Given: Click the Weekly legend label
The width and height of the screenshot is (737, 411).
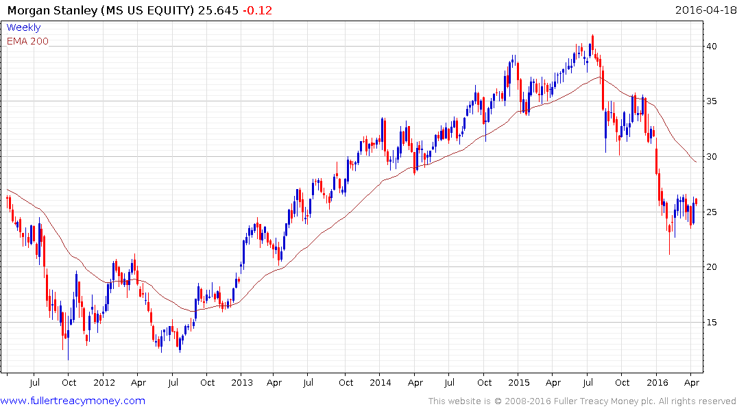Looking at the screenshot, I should (23, 27).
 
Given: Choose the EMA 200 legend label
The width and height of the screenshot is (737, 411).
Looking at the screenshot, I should (27, 41).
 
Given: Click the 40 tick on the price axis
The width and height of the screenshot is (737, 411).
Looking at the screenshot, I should (713, 47).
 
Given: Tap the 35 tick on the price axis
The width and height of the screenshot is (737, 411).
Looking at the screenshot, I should (713, 101).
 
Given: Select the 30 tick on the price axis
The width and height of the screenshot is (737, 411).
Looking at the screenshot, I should (713, 157).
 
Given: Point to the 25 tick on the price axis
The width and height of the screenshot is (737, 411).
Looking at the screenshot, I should (713, 212).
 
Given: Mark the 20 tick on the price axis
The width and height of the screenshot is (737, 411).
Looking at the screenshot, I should (713, 267).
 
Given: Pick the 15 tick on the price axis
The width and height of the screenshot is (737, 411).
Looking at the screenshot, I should (713, 323).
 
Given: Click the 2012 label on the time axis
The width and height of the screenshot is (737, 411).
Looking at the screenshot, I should (104, 383).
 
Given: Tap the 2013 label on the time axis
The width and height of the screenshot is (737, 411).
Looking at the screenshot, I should (242, 383).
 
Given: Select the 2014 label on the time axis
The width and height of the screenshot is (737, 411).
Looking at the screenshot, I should (381, 383).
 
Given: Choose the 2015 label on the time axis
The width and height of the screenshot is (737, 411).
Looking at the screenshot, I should (519, 383).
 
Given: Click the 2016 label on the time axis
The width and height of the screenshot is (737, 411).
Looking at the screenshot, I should (657, 383).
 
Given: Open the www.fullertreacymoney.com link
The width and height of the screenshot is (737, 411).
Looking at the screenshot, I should (73, 401).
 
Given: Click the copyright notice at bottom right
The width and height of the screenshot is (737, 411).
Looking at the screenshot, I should (582, 401).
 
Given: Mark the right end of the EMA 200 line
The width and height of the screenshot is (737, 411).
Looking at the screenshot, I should (697, 162).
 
